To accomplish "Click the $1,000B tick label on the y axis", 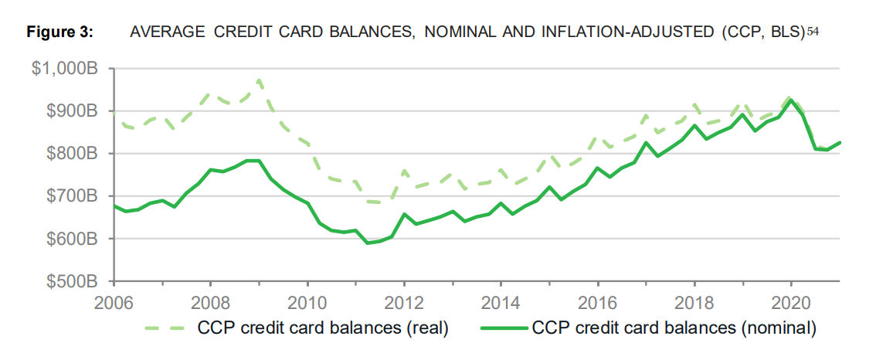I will [x=64, y=69].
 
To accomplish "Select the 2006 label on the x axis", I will [x=114, y=301].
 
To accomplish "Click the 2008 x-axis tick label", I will [x=210, y=301].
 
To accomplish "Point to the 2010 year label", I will [x=307, y=301].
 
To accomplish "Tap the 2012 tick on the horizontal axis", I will [x=404, y=301].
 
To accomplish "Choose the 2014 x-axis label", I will [x=501, y=301].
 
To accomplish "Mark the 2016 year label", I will [x=597, y=301].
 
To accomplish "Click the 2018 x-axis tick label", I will [x=694, y=301].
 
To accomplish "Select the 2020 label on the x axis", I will [x=791, y=301].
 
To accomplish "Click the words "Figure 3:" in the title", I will [x=60, y=32].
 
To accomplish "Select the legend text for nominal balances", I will [x=673, y=328].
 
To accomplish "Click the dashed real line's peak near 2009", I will [x=259, y=79].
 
